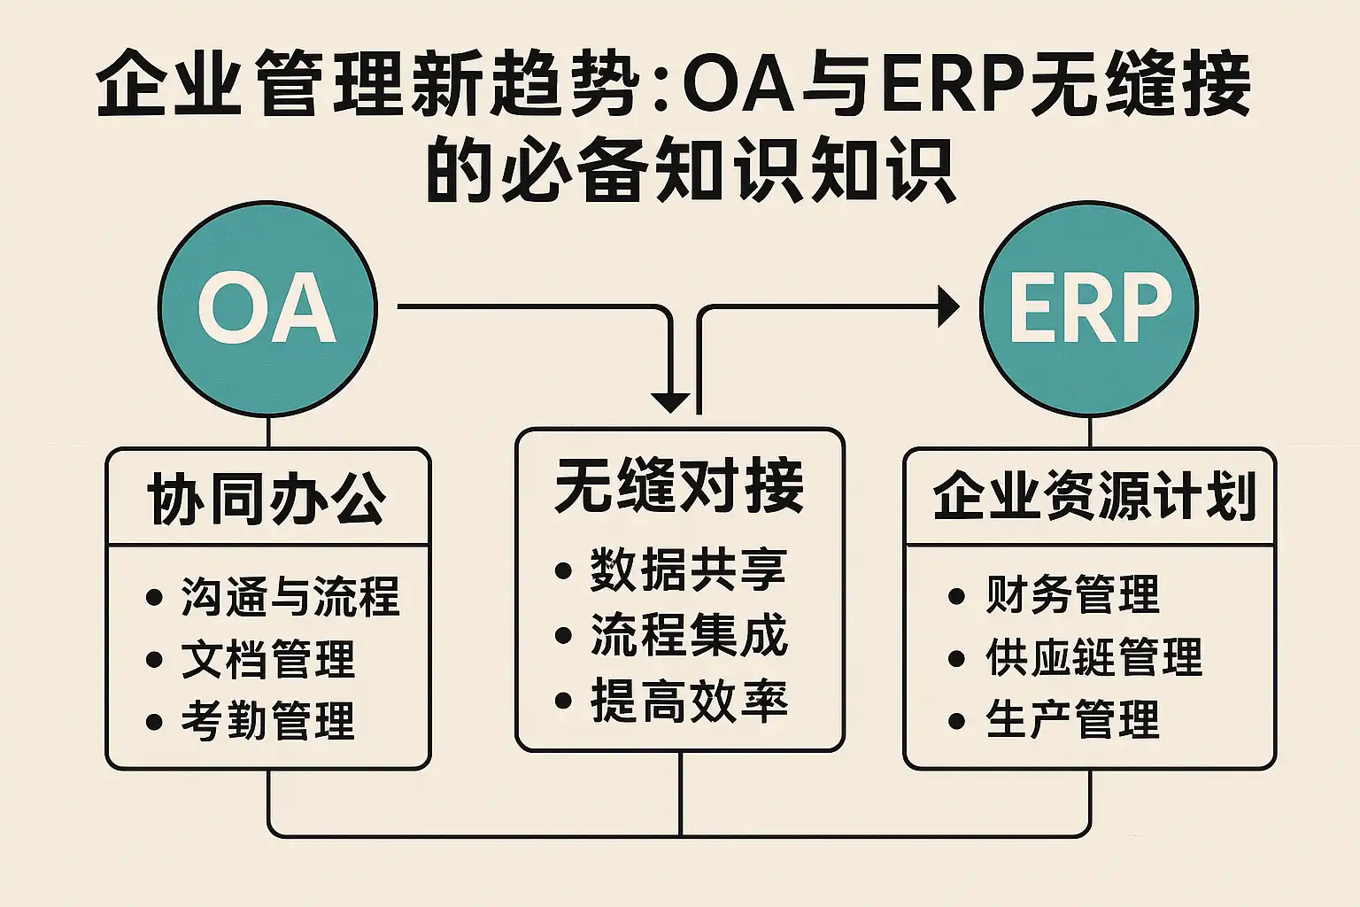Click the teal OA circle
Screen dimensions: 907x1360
coord(267,308)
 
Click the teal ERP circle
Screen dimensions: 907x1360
coord(1089,308)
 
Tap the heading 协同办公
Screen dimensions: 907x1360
coord(267,499)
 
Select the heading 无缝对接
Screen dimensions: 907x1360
coord(679,485)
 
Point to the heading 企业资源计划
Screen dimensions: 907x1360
coord(1094,497)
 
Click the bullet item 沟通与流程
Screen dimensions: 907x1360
coord(290,596)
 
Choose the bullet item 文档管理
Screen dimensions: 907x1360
coord(267,659)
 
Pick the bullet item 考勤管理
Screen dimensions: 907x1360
coord(267,720)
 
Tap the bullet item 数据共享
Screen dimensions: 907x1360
coord(688,570)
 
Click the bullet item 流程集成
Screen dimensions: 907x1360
coord(688,635)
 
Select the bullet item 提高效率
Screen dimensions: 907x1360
coord(688,701)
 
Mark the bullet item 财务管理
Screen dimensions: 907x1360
coord(1071,594)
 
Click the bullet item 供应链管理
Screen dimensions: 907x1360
coord(1093,657)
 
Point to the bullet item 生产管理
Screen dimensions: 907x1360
coord(1071,719)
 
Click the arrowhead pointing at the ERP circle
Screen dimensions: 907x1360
coord(948,306)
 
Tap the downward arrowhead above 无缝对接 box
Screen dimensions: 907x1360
coord(670,402)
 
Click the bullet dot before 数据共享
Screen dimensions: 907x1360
coord(563,570)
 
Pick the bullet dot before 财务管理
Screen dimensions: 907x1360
coord(956,596)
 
